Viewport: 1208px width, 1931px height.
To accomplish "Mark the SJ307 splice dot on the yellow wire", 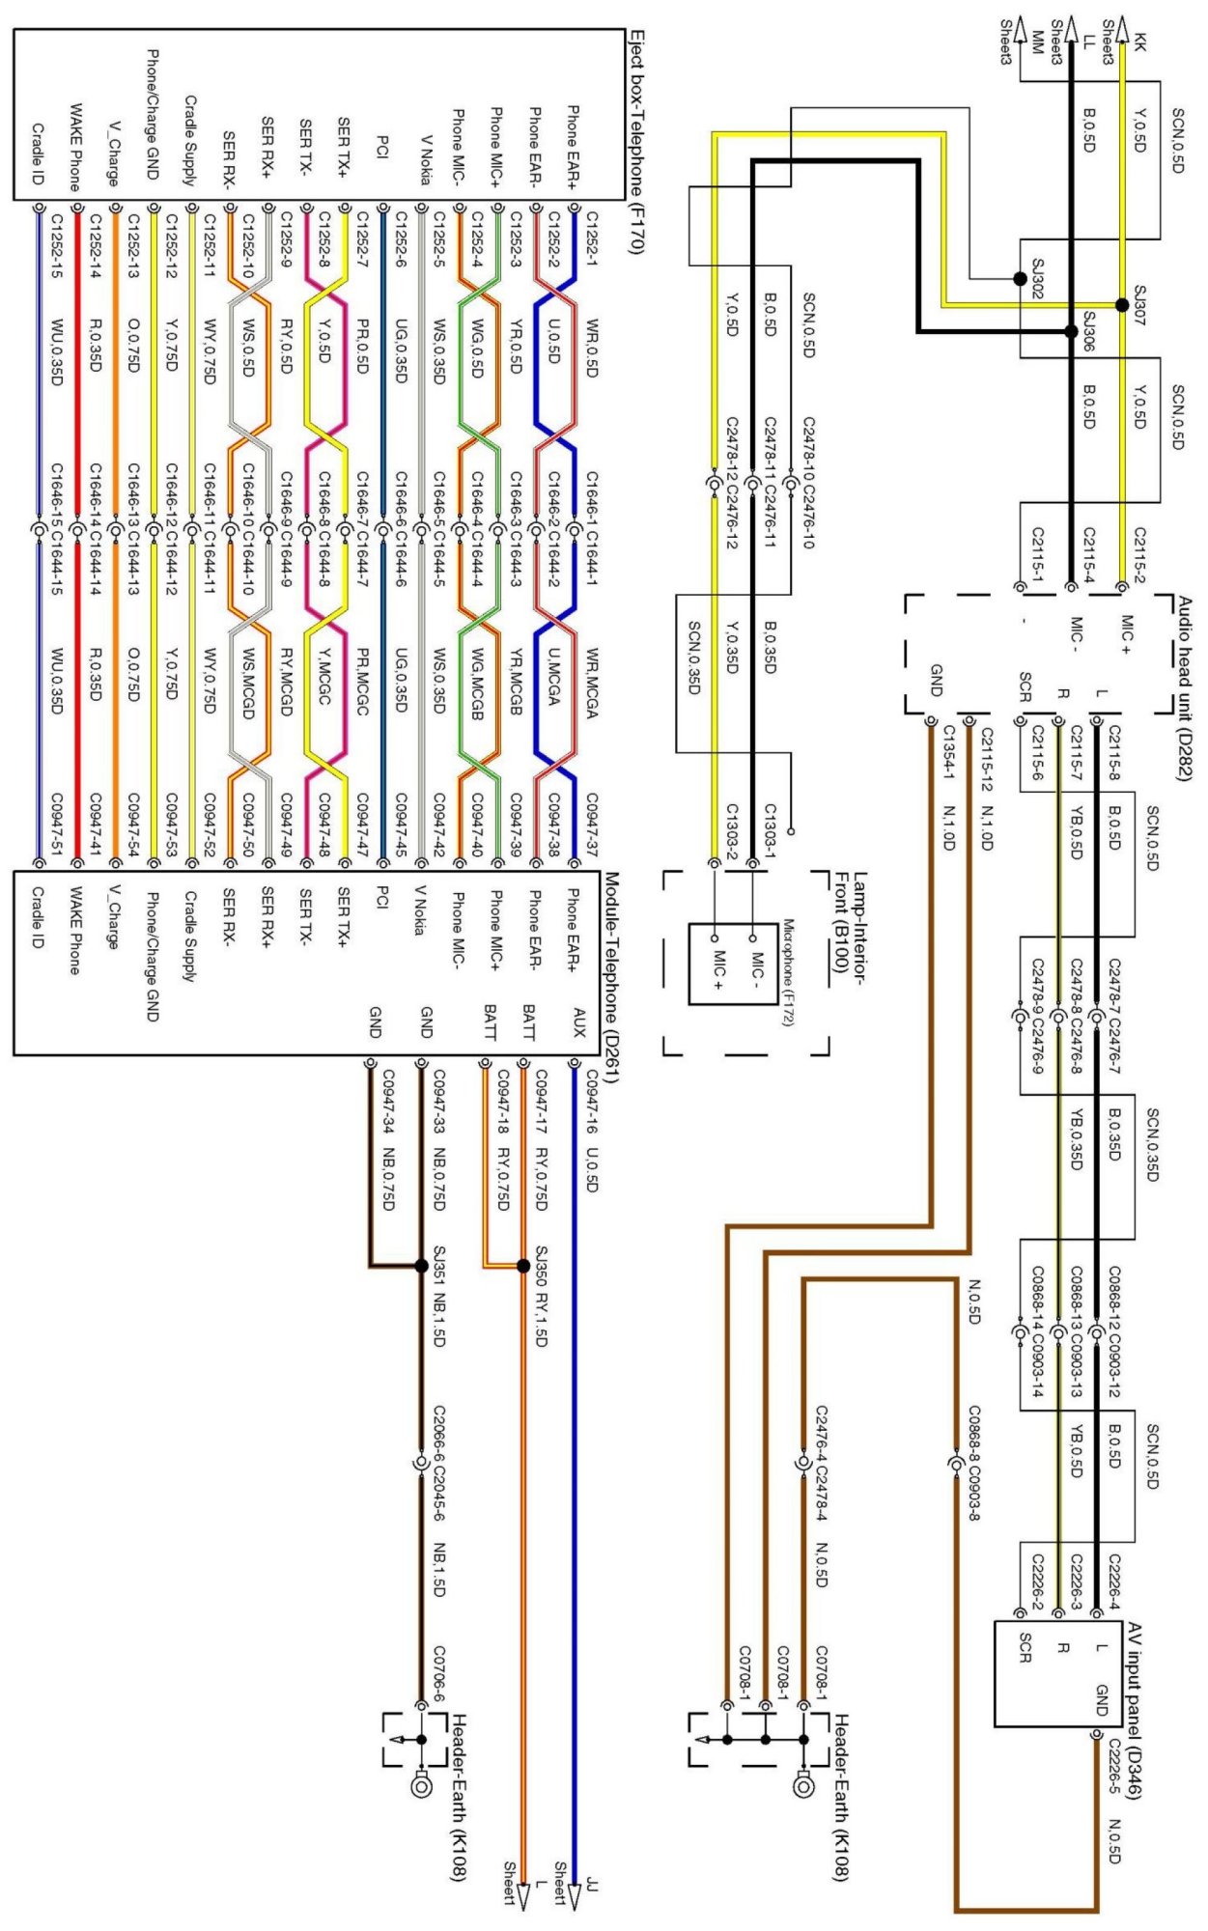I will point(1121,305).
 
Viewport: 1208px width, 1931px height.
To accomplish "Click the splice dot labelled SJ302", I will point(1020,279).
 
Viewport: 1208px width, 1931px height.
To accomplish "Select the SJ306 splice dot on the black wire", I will point(1071,331).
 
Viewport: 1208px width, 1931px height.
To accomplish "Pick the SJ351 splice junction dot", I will point(421,1266).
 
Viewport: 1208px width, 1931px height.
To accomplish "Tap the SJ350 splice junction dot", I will point(522,1266).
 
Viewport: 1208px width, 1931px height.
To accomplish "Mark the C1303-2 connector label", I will point(732,830).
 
